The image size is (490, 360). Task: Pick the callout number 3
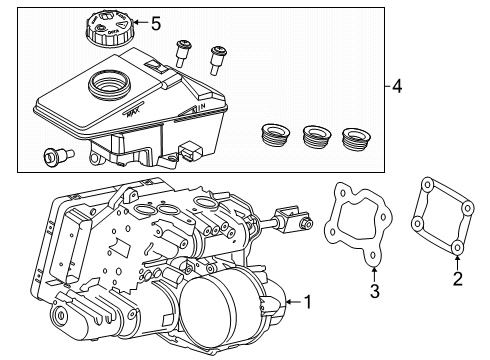pyautogui.click(x=375, y=291)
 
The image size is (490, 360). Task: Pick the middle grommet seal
pyautogui.click(x=317, y=135)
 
